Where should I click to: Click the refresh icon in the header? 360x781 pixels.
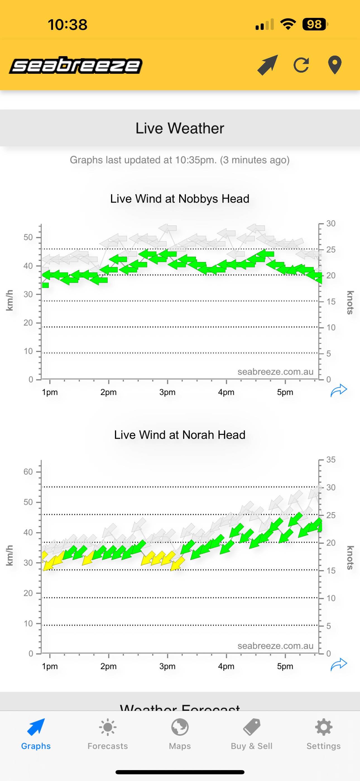click(x=301, y=65)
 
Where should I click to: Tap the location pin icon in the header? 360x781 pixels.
click(x=335, y=65)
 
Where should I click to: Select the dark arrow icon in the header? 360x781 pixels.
click(x=267, y=65)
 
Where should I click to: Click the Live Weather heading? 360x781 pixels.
click(x=180, y=128)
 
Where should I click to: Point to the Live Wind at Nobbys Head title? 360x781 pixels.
click(x=180, y=199)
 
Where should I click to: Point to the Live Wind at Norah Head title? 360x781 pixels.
click(x=180, y=435)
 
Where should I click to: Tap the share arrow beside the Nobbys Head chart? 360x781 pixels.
click(x=339, y=390)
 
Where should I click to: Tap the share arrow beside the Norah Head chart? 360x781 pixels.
click(x=339, y=664)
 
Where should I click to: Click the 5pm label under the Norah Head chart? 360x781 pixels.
click(x=285, y=666)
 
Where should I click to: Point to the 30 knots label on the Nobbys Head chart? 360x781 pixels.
click(x=331, y=224)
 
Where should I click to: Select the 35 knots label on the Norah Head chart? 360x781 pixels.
click(x=331, y=459)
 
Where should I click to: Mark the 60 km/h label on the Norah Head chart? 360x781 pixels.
click(x=28, y=472)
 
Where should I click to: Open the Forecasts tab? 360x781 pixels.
click(x=107, y=734)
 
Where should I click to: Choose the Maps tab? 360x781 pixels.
click(x=180, y=734)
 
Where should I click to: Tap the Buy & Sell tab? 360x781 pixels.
click(x=251, y=734)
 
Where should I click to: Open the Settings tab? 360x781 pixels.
click(x=323, y=734)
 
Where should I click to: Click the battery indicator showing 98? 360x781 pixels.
click(x=315, y=24)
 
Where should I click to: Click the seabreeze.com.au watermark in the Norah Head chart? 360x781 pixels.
click(x=275, y=646)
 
